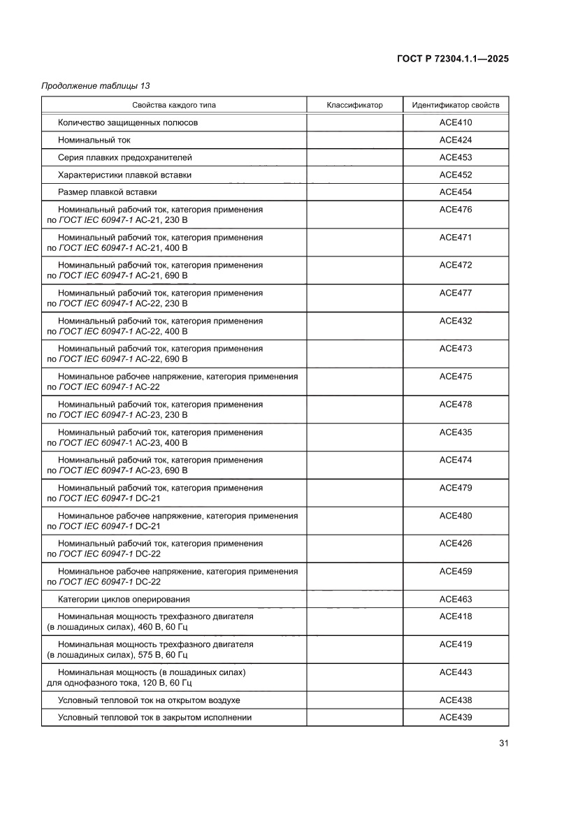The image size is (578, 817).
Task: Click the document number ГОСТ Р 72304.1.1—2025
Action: [x=447, y=59]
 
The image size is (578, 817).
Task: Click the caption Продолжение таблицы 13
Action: [x=96, y=86]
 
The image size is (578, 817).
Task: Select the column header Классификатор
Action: [x=354, y=105]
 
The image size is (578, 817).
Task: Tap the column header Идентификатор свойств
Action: [x=456, y=105]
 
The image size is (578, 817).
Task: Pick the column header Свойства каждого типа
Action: [x=173, y=105]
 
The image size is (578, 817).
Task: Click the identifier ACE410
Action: [x=456, y=122]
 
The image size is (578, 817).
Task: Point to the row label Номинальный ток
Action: [x=94, y=140]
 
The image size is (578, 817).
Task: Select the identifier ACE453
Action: [x=456, y=157]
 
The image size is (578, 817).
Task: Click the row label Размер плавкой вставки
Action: [x=108, y=191]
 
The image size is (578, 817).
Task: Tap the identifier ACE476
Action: [x=456, y=209]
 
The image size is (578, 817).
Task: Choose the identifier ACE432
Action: [x=456, y=321]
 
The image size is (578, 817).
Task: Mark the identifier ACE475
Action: [x=456, y=377]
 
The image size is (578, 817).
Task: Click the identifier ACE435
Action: [x=456, y=433]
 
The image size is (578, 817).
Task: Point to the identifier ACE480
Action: [x=456, y=516]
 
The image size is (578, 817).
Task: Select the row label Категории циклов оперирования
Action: [x=124, y=600]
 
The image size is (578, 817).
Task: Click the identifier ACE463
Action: [x=456, y=600]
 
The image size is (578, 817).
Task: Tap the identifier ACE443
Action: [x=456, y=672]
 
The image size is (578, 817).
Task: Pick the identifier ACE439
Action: [x=456, y=717]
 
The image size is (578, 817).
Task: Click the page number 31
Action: [x=503, y=743]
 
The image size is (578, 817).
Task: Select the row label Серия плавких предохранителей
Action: [x=125, y=157]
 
